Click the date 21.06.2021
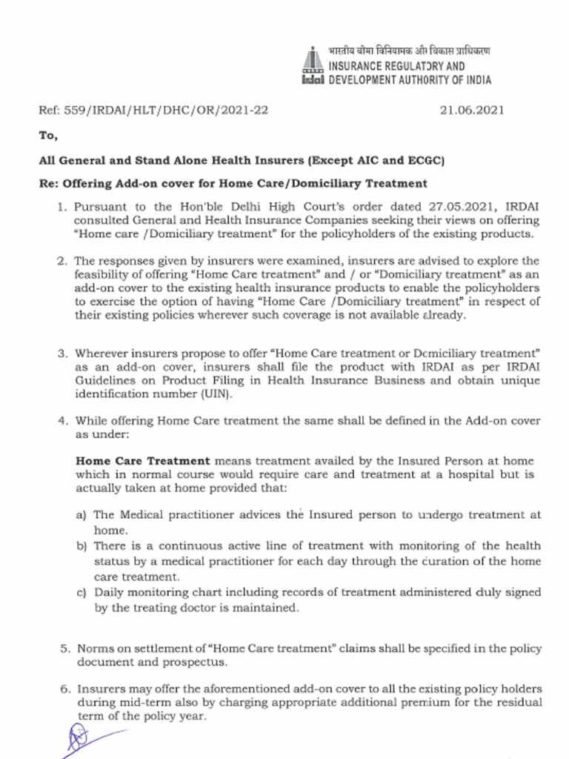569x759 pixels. [472, 110]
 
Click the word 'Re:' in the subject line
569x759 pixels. [48, 183]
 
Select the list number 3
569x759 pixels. [63, 354]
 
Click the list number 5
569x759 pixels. [65, 649]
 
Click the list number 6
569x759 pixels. [65, 689]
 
